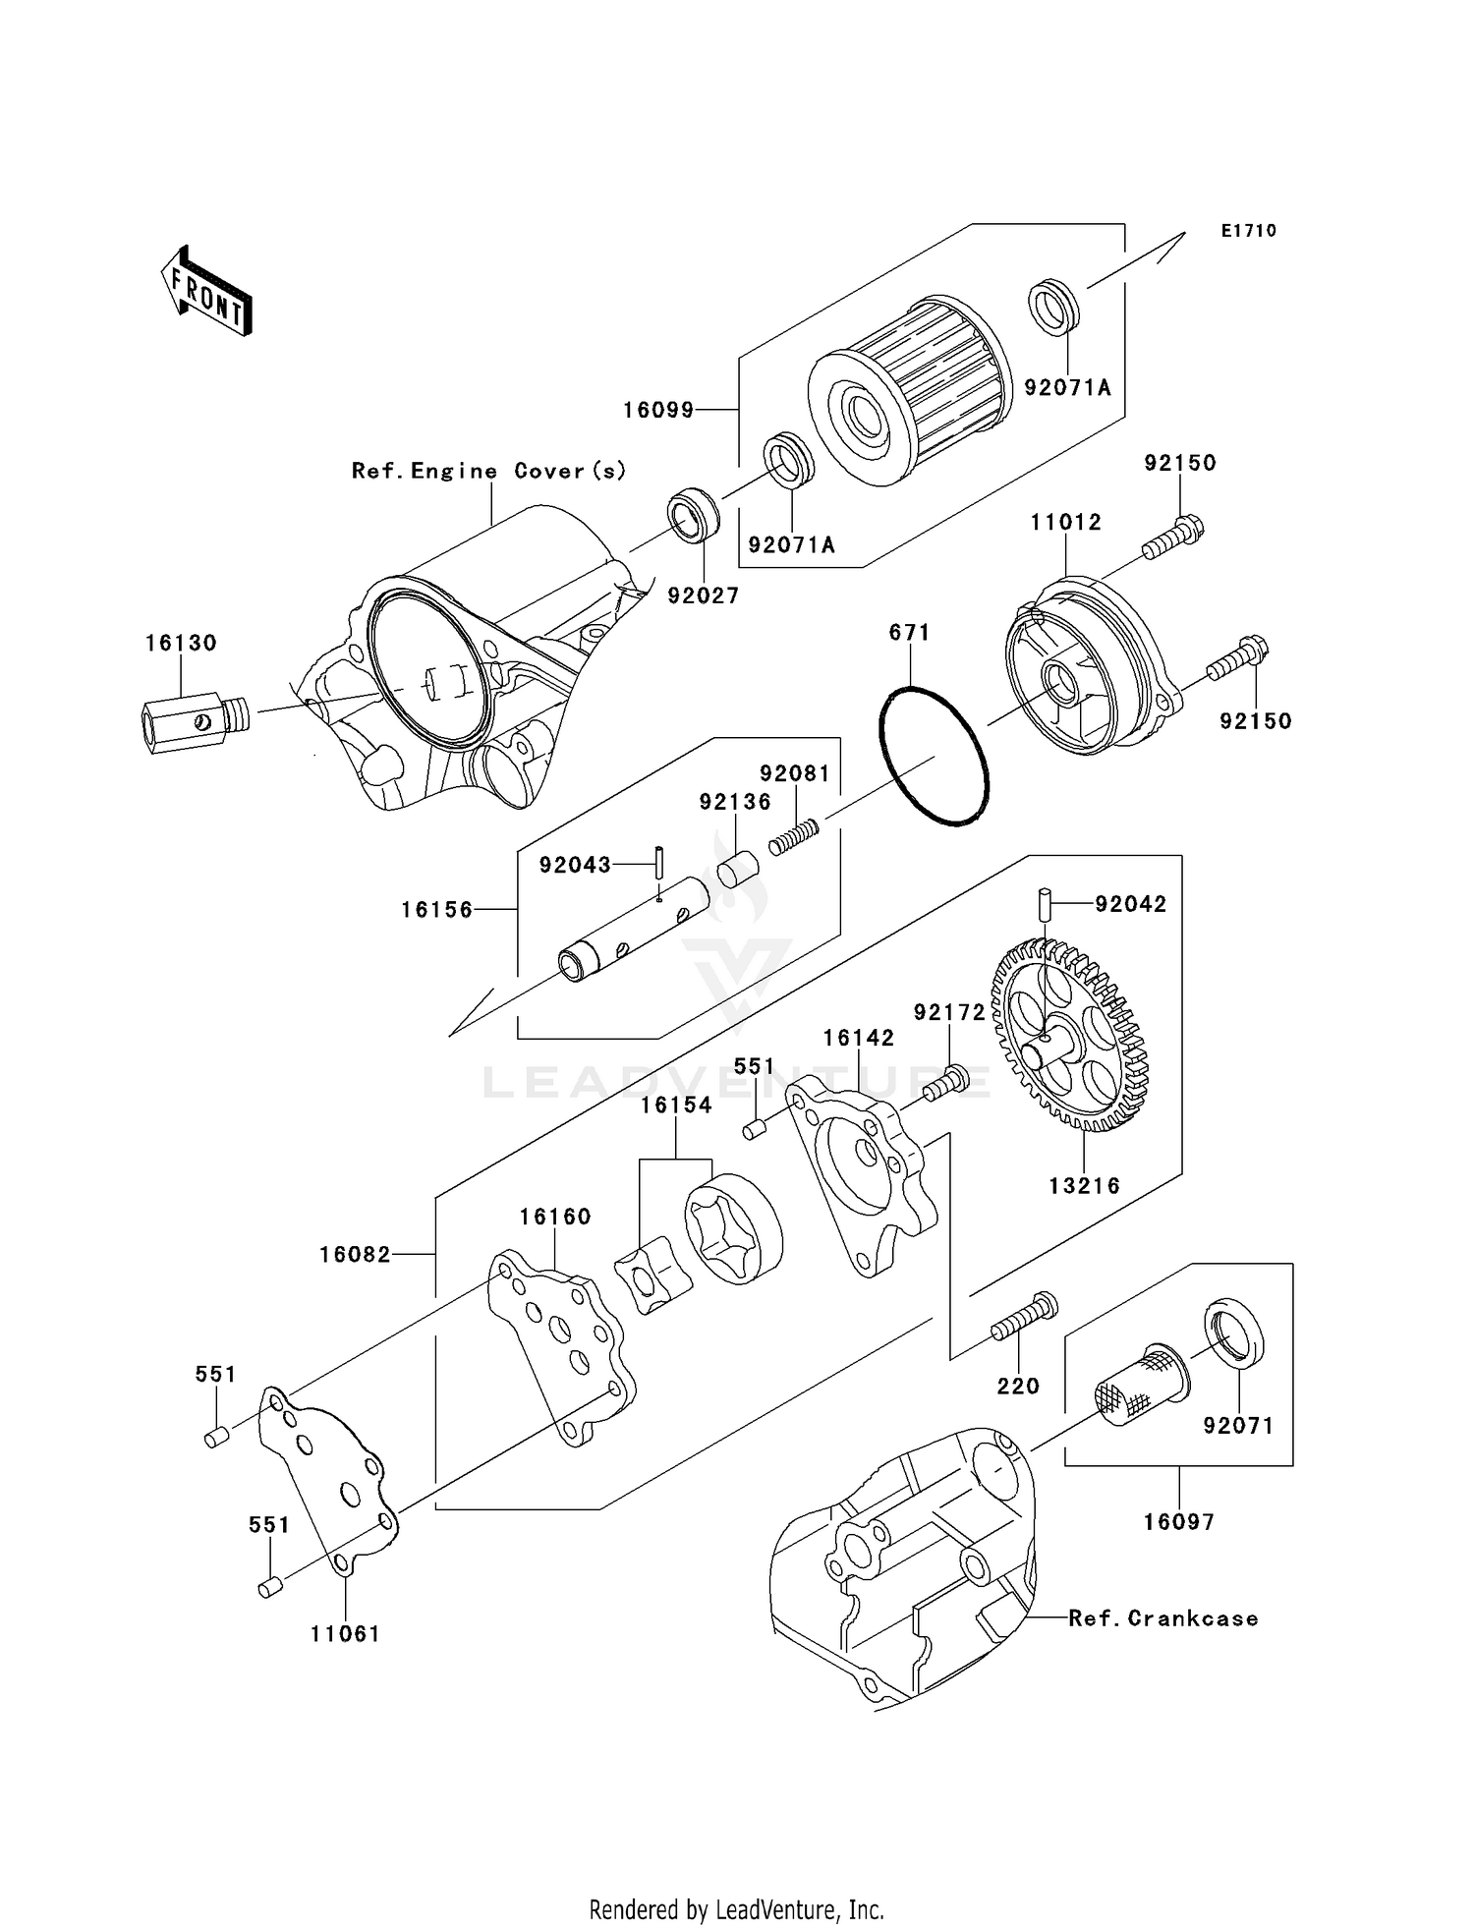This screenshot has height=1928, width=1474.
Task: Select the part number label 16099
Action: (x=657, y=410)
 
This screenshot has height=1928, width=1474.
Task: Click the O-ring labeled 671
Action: (x=934, y=756)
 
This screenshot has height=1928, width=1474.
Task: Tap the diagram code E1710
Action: (x=1248, y=231)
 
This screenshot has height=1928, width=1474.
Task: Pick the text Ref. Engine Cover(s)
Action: (x=488, y=471)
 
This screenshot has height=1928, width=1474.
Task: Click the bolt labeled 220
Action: (x=1023, y=1319)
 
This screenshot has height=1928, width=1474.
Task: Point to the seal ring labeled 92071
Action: (x=1233, y=1333)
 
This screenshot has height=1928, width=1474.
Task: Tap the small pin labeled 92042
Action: (x=1046, y=901)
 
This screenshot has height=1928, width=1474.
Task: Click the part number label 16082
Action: (x=355, y=1255)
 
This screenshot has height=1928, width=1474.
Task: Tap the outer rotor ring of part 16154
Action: (x=733, y=1229)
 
